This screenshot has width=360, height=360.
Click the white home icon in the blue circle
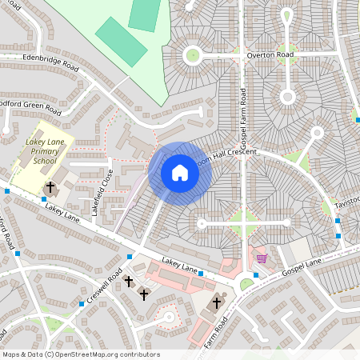tap(179, 173)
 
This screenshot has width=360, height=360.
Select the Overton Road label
tap(270, 55)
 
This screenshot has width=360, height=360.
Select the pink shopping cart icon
tap(262, 258)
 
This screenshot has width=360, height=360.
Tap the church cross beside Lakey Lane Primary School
tap(50, 187)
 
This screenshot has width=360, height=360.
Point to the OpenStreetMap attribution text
tap(81, 354)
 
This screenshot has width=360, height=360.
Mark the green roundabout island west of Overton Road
tap(192, 55)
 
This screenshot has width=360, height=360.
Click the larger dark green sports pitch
tap(121, 42)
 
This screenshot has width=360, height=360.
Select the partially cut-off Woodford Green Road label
tap(30, 106)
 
